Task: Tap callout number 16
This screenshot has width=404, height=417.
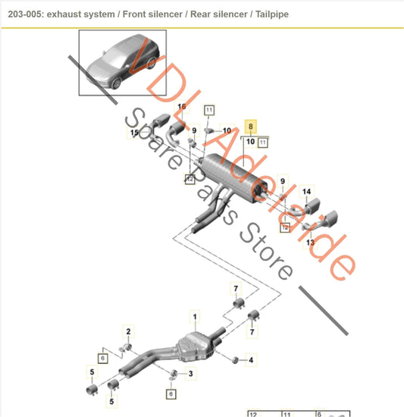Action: (x=181, y=107)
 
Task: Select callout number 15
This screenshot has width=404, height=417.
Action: (x=134, y=133)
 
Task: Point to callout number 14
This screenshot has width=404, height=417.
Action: (x=307, y=191)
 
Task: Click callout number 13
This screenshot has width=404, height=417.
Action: (x=309, y=243)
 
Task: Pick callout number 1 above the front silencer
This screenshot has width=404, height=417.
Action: (x=194, y=315)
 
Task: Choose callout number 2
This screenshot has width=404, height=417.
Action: (x=128, y=332)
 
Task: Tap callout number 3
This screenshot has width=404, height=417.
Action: (x=191, y=374)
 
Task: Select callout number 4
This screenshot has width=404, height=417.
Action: (x=252, y=359)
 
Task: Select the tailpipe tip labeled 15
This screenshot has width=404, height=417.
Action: (x=161, y=124)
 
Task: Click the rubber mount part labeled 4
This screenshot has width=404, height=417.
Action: (x=234, y=359)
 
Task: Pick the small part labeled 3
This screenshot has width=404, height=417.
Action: (x=175, y=373)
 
